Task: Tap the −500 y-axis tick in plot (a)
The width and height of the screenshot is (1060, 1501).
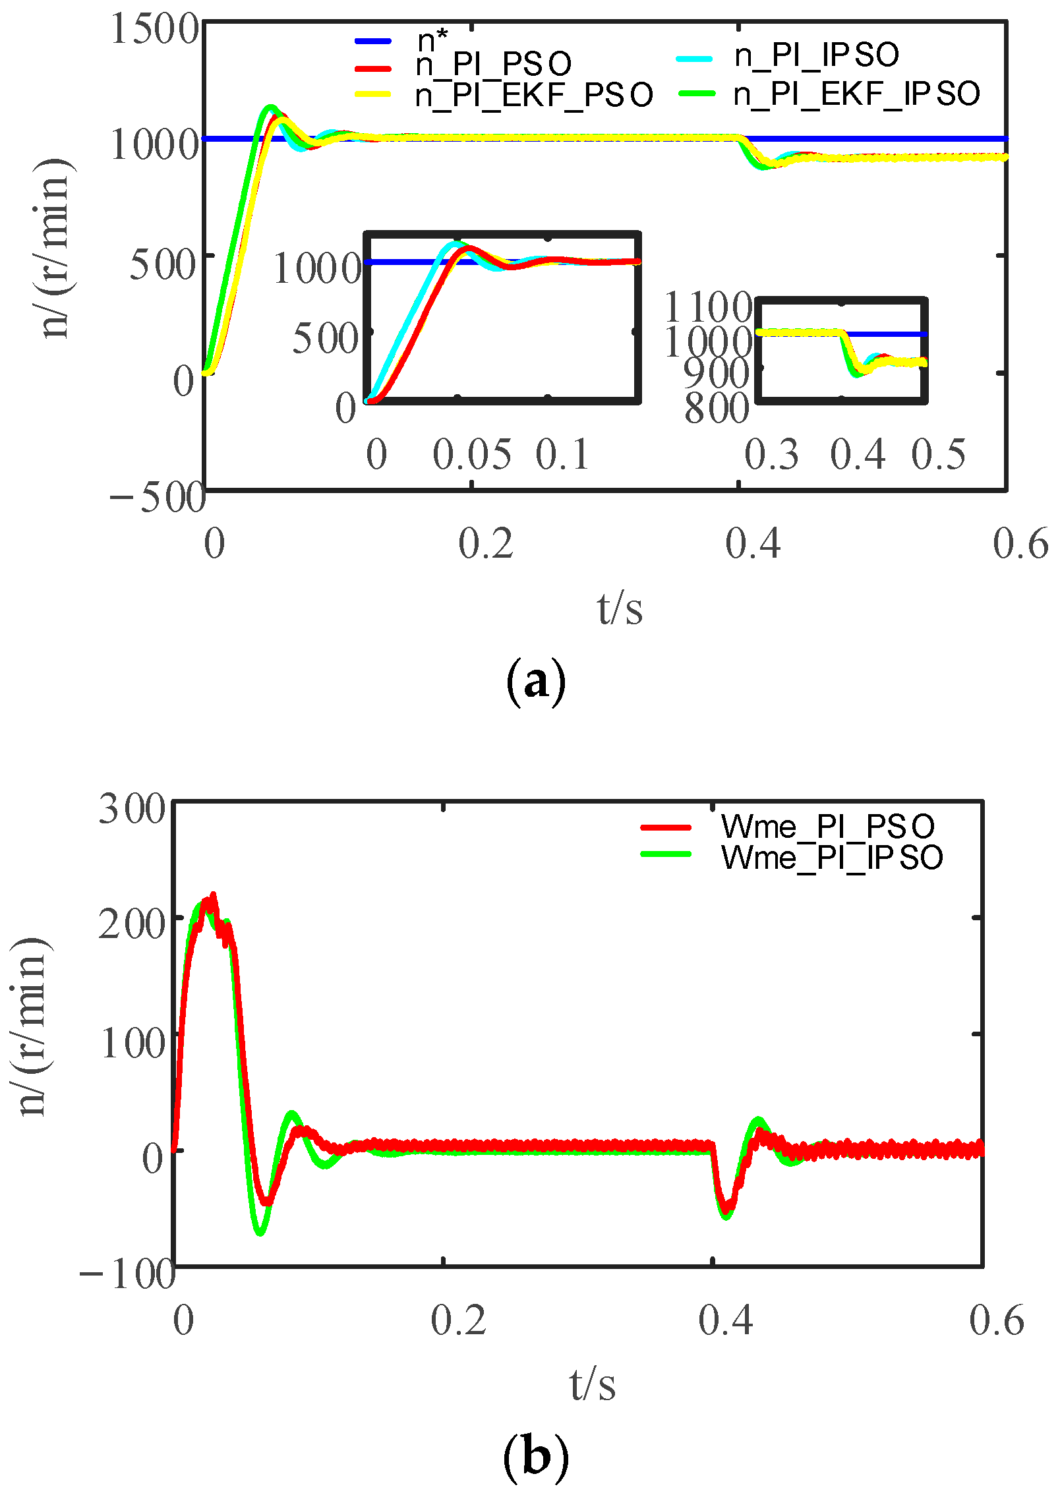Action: click(157, 497)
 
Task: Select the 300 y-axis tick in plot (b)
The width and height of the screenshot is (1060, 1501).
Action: click(132, 809)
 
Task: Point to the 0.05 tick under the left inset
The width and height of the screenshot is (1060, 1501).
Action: click(471, 454)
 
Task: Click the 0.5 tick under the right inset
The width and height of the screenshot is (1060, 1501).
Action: click(938, 454)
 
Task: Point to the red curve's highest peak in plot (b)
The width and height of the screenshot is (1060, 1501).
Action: click(212, 896)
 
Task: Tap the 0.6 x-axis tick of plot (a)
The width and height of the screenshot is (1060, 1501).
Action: click(1020, 544)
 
